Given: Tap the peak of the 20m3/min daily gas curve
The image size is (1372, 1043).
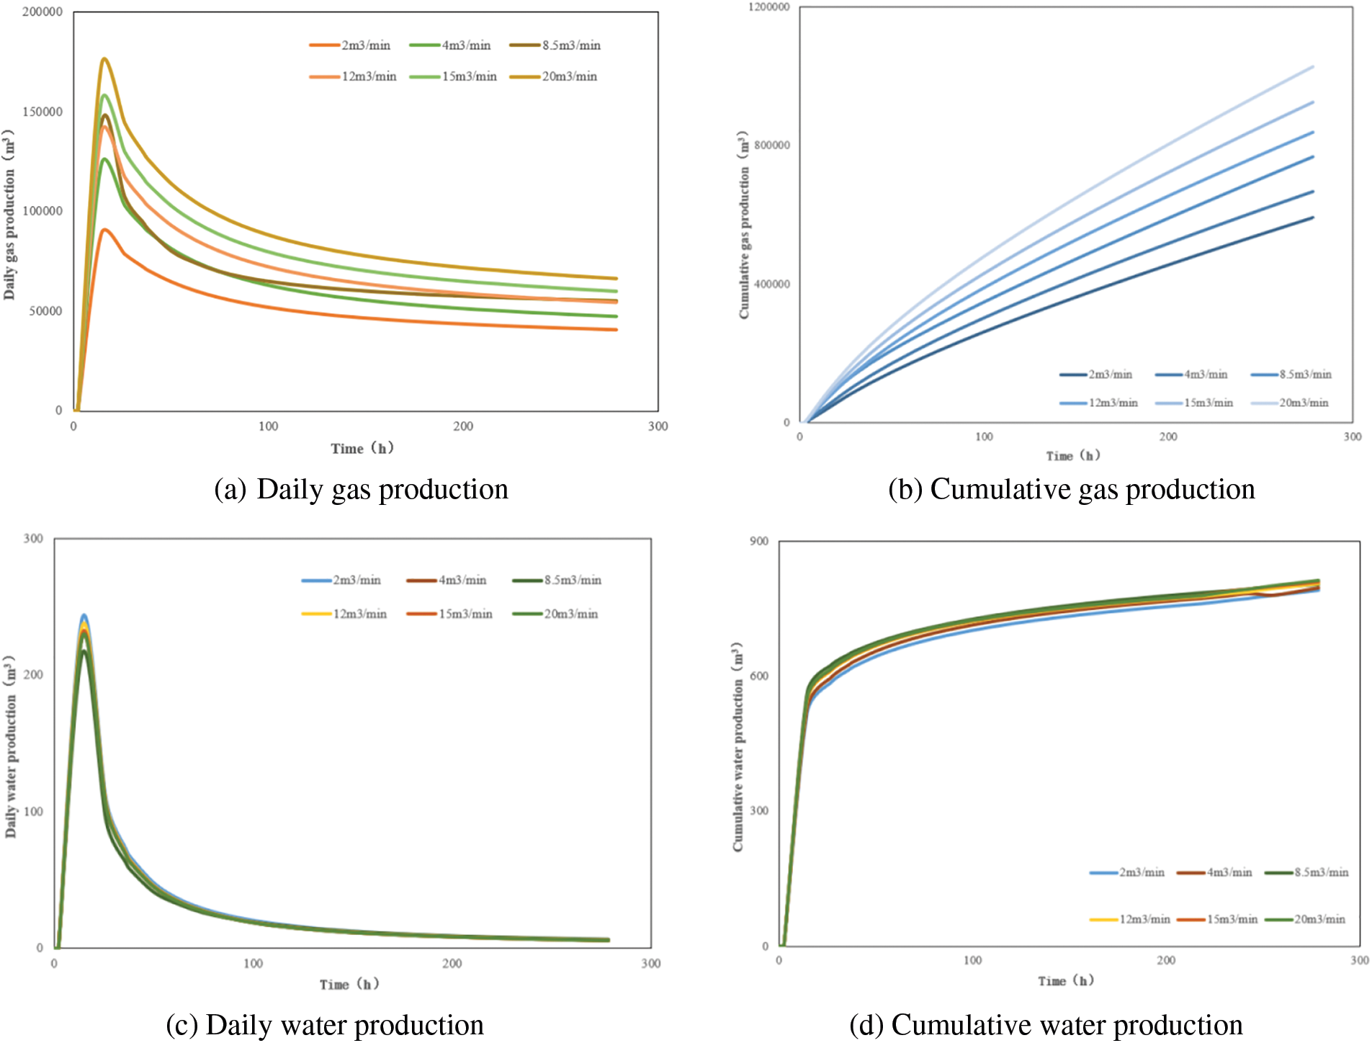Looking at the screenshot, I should (x=104, y=59).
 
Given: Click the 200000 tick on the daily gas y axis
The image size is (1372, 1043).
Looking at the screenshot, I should (x=42, y=12).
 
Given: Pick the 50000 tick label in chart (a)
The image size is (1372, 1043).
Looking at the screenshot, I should (x=45, y=311).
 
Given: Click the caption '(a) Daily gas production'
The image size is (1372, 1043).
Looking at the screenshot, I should (x=362, y=490).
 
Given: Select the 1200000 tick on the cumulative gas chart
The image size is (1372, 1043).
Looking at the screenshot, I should (x=768, y=7).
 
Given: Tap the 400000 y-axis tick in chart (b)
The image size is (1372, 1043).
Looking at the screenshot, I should (x=771, y=284).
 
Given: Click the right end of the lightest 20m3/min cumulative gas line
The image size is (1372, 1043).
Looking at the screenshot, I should (x=1313, y=67).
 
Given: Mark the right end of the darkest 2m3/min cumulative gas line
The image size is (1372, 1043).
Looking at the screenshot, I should (x=1313, y=218).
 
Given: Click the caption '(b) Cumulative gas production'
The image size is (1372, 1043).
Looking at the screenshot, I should (x=1071, y=490).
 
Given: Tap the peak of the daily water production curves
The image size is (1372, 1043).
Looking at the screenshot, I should (x=84, y=617).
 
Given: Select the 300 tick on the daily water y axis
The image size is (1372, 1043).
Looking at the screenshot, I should (x=33, y=539).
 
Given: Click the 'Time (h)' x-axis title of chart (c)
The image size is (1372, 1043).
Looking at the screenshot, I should (x=349, y=984).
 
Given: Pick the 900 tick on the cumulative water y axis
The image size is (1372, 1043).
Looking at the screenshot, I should (x=759, y=542).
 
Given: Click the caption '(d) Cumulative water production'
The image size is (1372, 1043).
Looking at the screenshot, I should (x=1046, y=1026).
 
